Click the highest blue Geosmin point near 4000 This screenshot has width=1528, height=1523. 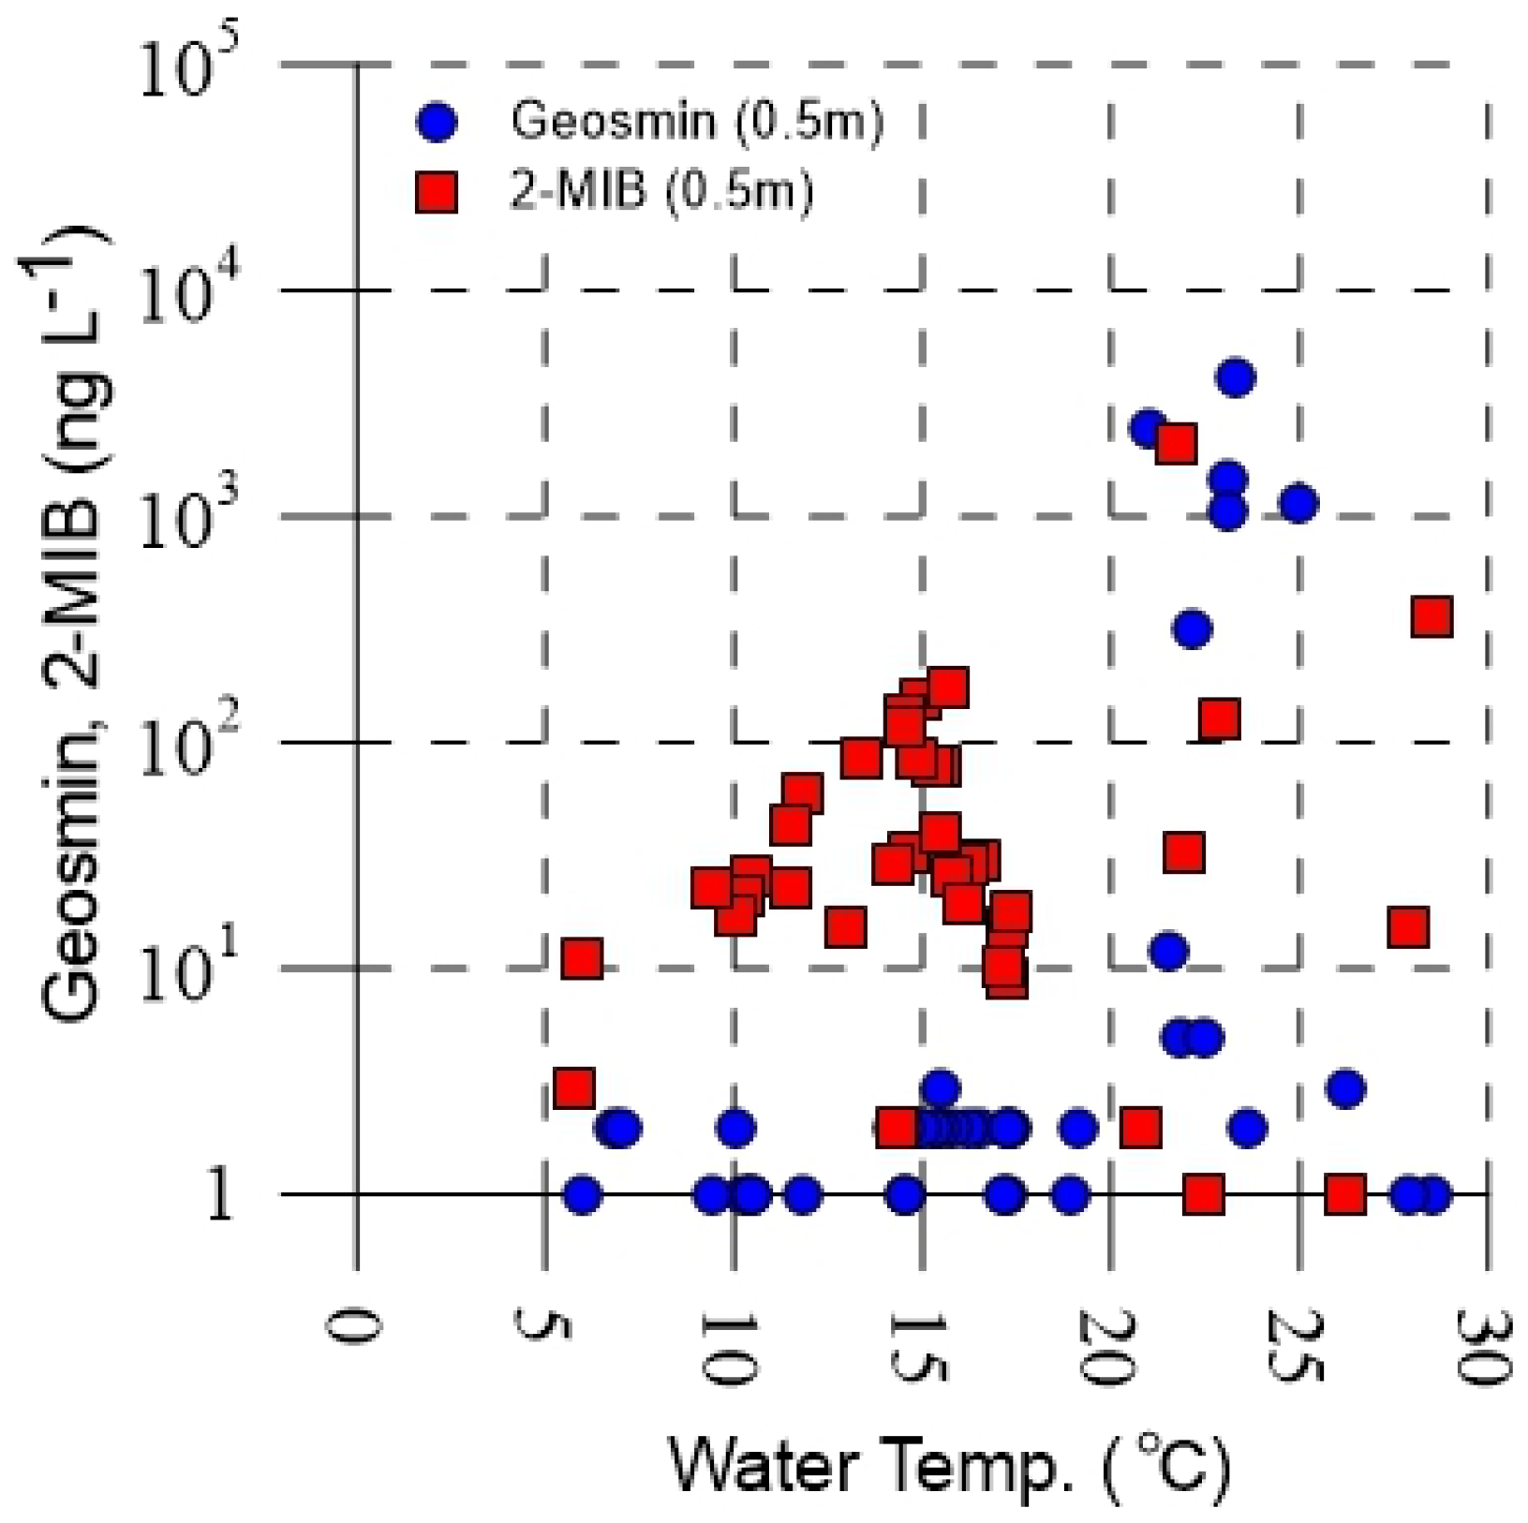pos(1235,377)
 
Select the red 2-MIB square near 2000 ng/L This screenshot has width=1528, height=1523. pos(1175,443)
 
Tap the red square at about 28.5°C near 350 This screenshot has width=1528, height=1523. pos(1432,616)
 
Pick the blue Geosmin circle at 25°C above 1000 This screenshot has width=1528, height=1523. pos(1298,503)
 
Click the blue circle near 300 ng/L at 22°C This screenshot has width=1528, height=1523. pos(1191,628)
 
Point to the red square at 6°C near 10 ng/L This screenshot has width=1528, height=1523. pos(581,959)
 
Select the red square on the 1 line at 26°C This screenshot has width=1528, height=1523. pos(1344,1194)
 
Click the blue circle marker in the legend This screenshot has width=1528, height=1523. pos(437,122)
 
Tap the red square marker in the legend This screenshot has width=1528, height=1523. pos(437,192)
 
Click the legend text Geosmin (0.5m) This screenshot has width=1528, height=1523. pos(697,121)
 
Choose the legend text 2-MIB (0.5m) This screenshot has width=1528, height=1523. pos(661,191)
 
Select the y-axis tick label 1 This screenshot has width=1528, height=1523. pos(219,1196)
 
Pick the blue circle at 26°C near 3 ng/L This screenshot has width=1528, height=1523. pos(1345,1088)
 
